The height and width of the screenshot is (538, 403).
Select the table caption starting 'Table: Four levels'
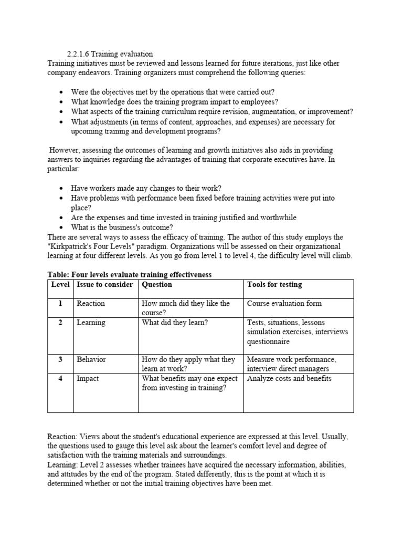(129, 275)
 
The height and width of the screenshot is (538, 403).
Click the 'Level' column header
(61, 285)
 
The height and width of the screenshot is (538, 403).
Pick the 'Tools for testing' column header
(274, 285)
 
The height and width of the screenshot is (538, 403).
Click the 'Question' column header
(157, 285)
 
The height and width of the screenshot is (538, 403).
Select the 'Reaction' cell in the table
(91, 304)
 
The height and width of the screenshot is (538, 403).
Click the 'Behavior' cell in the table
(91, 360)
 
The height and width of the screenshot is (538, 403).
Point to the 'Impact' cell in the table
(88, 378)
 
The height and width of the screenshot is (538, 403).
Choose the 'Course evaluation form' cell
(284, 304)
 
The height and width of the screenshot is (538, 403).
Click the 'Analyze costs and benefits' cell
(289, 378)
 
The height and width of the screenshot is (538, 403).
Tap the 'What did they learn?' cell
(175, 323)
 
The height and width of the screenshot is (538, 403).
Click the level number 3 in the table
(61, 360)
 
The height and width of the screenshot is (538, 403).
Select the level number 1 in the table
(61, 304)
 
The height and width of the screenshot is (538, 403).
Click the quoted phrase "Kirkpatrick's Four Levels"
(93, 246)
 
